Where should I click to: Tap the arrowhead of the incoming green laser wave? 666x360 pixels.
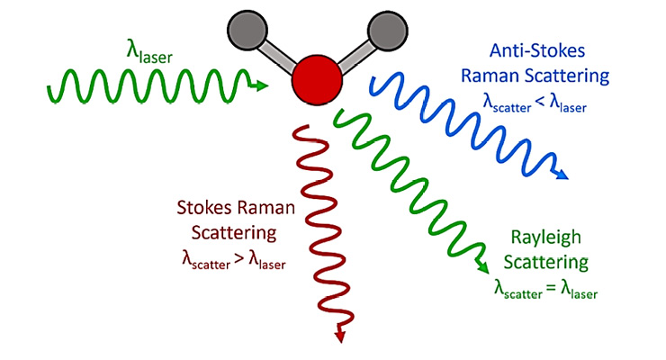(x=262, y=86)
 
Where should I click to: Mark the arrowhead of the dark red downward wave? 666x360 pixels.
(x=341, y=335)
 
